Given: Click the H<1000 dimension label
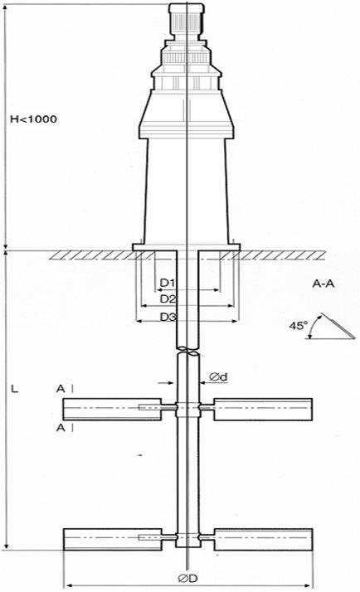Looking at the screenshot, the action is click(x=34, y=119).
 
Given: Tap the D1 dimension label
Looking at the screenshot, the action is click(x=168, y=283).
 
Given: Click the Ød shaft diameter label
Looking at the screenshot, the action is click(x=219, y=376).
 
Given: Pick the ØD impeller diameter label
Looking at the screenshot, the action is click(x=187, y=578).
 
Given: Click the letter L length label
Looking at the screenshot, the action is click(x=14, y=389).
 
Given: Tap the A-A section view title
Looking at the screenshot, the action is click(x=324, y=284).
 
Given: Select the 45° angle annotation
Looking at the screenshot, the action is click(x=299, y=326).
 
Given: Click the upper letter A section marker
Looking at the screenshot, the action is click(x=61, y=389).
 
